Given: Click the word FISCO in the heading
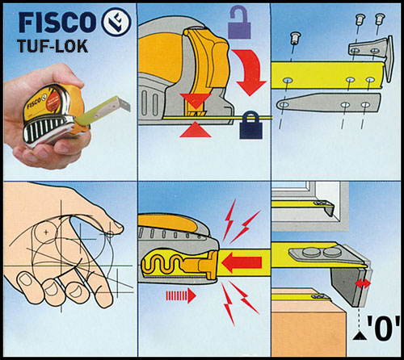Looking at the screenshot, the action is tap(57, 22).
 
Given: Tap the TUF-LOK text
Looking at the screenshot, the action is tap(53, 46).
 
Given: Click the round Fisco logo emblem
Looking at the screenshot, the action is tap(116, 22).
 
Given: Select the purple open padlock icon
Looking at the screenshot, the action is tap(239, 23).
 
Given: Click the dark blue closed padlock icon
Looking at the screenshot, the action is tap(250, 126).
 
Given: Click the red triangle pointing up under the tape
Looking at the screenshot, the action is tap(196, 131).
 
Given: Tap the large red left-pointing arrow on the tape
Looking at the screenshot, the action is tap(242, 262).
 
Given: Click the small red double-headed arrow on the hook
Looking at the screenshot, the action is tap(363, 283).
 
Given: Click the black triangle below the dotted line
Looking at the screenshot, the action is tap(360, 335).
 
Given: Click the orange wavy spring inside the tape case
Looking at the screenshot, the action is tap(162, 264).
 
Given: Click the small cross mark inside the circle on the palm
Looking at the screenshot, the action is tap(46, 232).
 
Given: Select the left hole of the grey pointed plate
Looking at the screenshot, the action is tap(284, 104).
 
